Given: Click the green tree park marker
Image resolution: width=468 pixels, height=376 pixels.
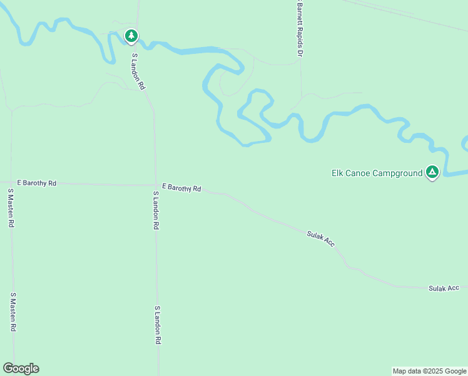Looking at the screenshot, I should pos(131,36).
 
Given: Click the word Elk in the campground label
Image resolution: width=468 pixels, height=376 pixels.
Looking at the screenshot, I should pos(338,173).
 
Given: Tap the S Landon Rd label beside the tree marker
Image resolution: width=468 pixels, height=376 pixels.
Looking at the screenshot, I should pos(138,71).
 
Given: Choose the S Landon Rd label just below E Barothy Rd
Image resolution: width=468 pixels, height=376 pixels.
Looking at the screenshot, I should pos(156,211).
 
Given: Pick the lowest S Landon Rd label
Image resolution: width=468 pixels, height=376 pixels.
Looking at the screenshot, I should pos(158,325).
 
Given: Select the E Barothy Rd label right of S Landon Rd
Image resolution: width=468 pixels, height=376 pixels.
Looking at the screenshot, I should pos(181,187).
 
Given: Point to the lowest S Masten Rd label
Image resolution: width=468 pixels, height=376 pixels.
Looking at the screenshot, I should pos(13,312).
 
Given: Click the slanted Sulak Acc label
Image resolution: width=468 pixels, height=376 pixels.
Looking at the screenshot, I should pos(320,238).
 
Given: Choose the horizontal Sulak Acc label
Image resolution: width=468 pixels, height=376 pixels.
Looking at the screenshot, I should pos(444,288).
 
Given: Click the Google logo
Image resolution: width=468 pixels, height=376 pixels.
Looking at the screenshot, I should pos(21,368).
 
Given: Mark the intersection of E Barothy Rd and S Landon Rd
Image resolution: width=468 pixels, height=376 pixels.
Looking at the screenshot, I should pos(155,185).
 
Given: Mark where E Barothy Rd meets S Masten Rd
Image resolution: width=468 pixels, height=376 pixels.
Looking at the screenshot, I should pos(11,182).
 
